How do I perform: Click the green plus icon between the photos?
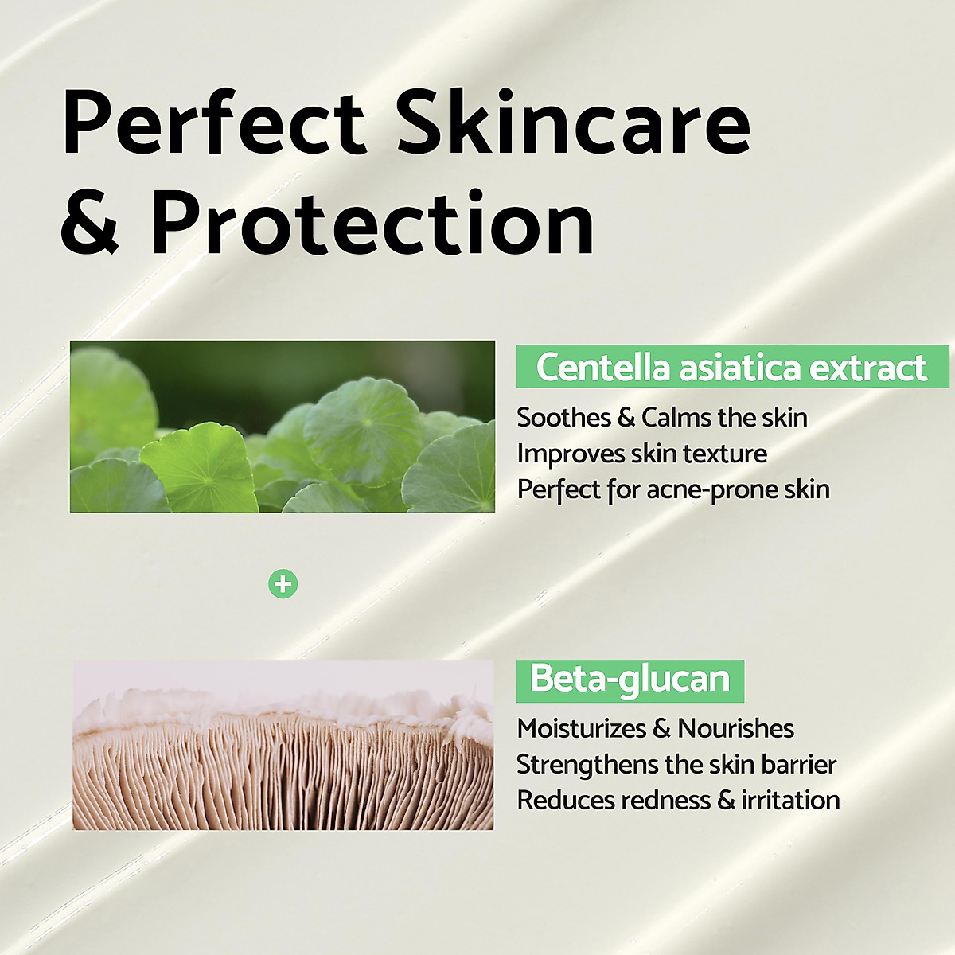coord(283,585)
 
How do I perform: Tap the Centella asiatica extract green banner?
coord(731,368)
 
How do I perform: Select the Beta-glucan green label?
coord(630,680)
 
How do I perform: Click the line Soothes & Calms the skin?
coord(661,417)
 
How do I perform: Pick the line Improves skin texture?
coord(641,454)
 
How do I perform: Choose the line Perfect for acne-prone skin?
coord(672,489)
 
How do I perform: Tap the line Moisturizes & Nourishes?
coord(655,728)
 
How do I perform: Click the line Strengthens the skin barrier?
coord(676,764)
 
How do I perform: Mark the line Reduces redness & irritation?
coord(677,800)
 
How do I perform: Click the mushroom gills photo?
coord(283,745)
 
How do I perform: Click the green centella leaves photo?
coord(283,427)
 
